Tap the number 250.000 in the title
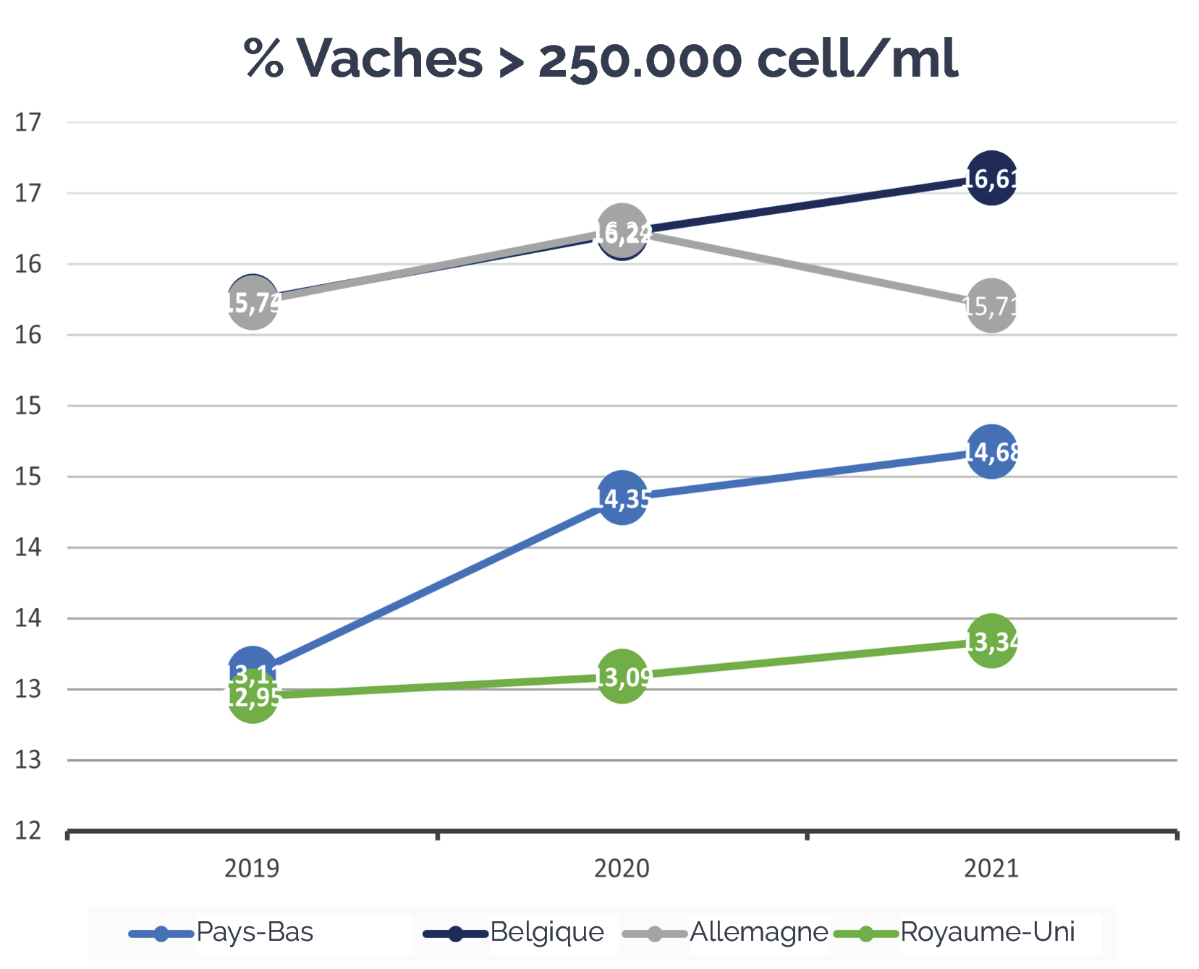point(640,59)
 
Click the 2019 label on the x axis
point(252,868)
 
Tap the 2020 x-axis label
point(622,868)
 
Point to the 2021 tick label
point(991,868)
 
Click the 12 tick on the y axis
point(28,831)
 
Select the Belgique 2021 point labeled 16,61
point(991,178)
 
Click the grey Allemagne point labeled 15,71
point(991,306)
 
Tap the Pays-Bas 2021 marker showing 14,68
point(991,452)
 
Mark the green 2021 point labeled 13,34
point(991,641)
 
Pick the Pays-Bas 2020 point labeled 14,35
point(622,498)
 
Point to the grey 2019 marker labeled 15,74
point(252,304)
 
